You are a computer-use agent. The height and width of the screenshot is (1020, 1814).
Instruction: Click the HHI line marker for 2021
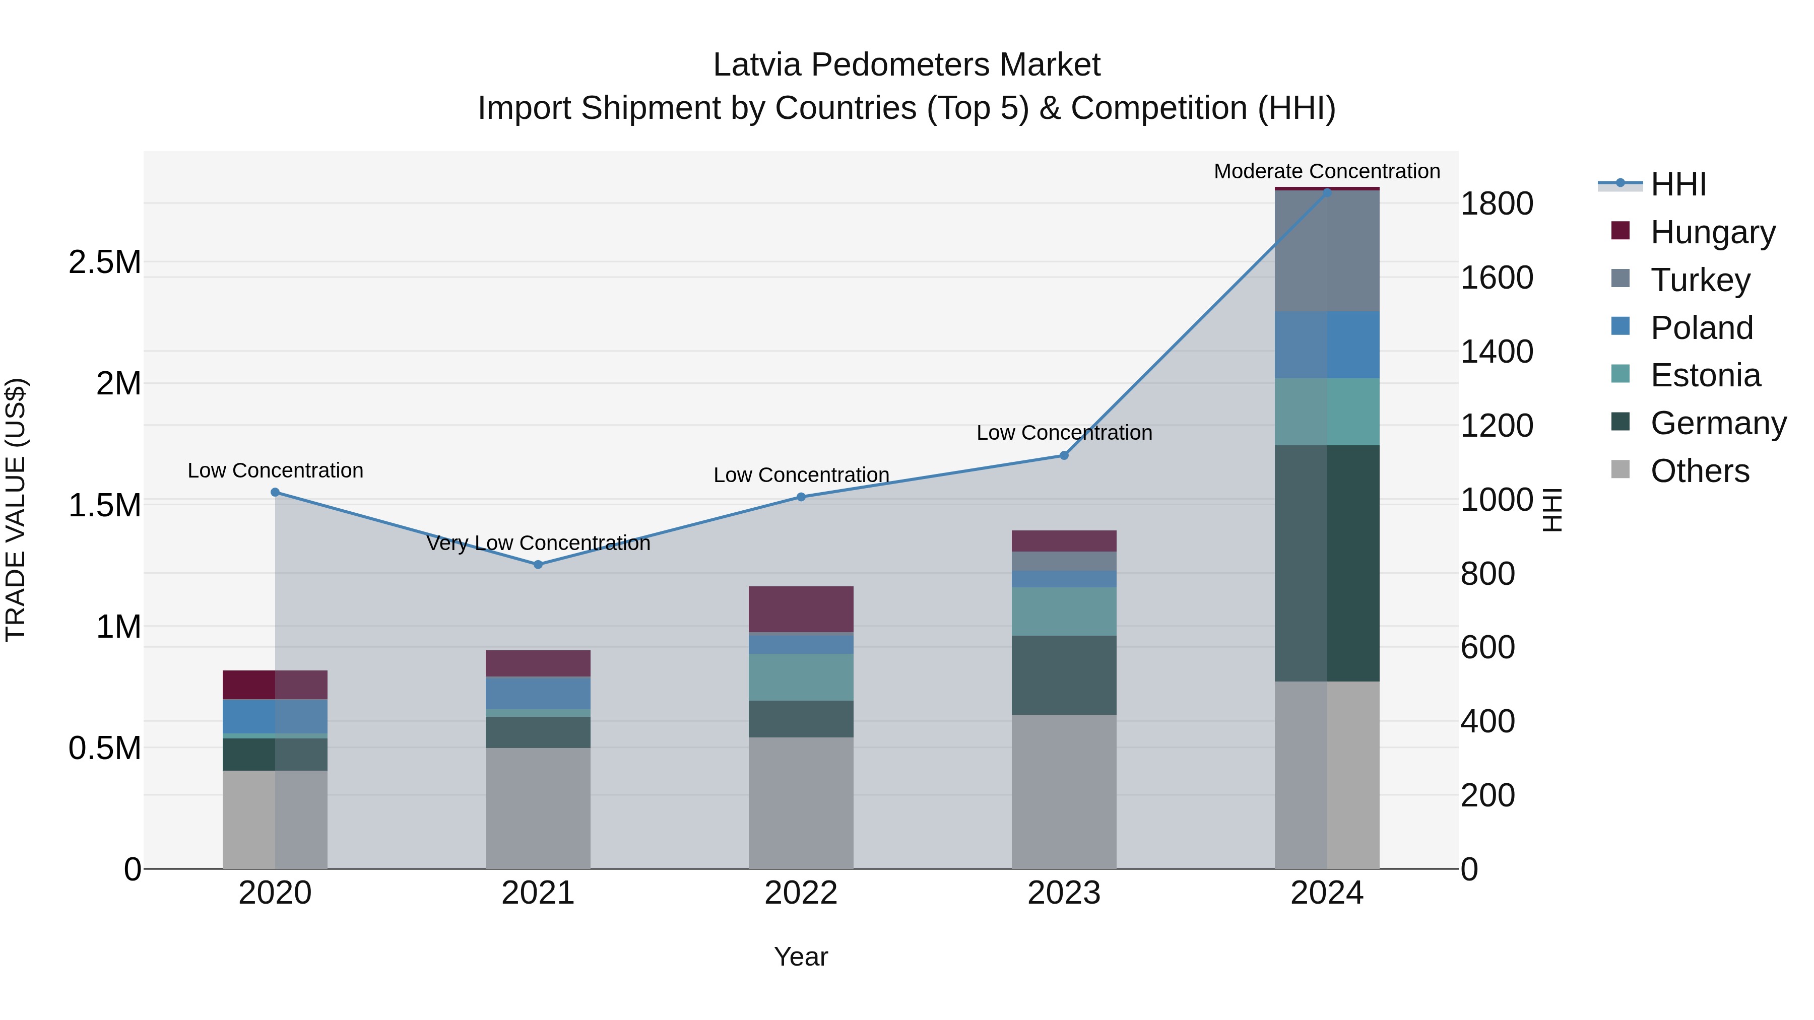(538, 565)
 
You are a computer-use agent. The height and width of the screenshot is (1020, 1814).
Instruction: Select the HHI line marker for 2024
(1327, 192)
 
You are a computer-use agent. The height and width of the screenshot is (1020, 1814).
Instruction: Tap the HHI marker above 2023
(1064, 455)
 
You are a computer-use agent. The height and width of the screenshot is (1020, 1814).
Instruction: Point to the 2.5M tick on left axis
(105, 262)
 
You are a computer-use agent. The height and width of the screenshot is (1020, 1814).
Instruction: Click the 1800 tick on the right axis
(1497, 203)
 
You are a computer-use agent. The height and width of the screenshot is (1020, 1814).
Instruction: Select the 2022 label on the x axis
(801, 893)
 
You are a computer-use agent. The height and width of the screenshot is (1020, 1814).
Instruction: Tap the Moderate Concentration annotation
(1327, 171)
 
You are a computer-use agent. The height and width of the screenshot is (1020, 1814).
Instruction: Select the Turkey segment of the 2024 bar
(1327, 251)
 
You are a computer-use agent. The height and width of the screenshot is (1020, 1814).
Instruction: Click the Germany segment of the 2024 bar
(1327, 563)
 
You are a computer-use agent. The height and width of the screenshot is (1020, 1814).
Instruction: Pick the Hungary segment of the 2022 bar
(801, 609)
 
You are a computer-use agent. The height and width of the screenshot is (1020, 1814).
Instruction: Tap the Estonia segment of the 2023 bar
(1064, 611)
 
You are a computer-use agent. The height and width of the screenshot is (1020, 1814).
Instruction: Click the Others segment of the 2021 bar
(538, 808)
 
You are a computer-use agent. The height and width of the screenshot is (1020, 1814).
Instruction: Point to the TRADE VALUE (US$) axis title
(16, 510)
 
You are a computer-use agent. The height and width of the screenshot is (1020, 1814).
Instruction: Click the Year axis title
(801, 957)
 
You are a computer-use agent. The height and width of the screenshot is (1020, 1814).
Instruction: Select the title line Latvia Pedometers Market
(906, 65)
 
